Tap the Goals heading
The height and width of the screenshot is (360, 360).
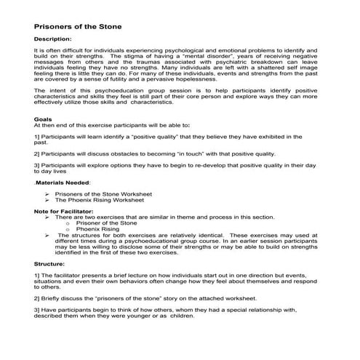coord(43,119)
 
